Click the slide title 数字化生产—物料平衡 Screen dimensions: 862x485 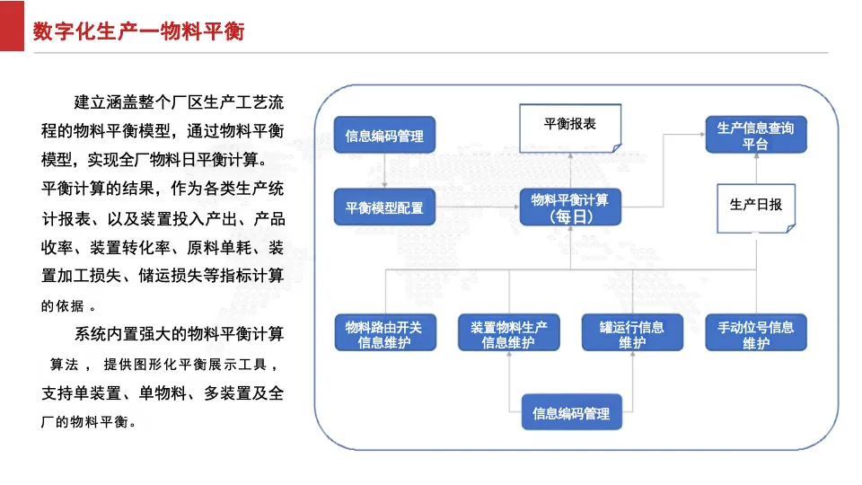click(138, 31)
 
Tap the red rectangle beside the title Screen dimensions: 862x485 click(12, 26)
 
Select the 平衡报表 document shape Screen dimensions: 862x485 click(570, 128)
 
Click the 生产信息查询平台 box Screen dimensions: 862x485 click(756, 135)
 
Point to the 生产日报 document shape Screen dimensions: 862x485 click(756, 208)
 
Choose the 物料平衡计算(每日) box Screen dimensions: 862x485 click(570, 207)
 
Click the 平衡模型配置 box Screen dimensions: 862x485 click(384, 207)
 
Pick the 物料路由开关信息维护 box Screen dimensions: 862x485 click(385, 332)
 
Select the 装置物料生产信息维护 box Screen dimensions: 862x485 click(508, 332)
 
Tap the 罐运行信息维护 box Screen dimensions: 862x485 click(632, 332)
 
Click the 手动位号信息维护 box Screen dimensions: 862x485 click(756, 332)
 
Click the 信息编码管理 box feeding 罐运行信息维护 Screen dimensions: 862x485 click(571, 412)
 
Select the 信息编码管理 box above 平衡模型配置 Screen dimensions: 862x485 click(384, 135)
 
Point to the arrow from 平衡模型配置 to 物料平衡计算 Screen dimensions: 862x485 click(477, 207)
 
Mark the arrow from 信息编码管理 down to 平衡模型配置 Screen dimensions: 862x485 click(384, 171)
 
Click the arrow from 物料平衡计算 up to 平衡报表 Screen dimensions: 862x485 click(570, 171)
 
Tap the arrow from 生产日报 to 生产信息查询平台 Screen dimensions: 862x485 click(756, 168)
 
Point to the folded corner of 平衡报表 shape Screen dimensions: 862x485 click(617, 148)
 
